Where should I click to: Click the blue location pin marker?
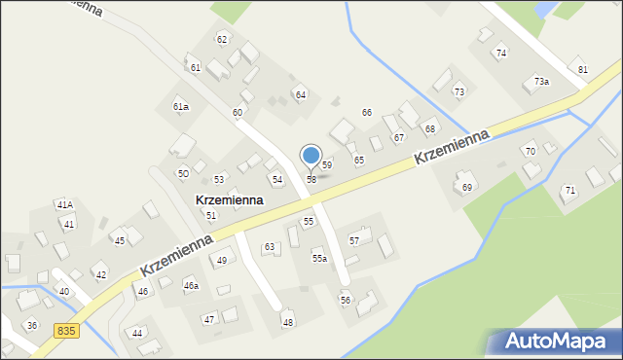click(311, 156)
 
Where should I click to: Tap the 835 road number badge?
click(66, 332)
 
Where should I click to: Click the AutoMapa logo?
click(553, 342)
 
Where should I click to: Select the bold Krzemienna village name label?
click(230, 199)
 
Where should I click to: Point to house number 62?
click(222, 39)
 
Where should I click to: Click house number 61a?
click(181, 106)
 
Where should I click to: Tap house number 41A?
click(64, 205)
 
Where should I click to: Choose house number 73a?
click(541, 82)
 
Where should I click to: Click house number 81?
click(583, 70)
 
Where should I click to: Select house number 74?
click(501, 54)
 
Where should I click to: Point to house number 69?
click(467, 187)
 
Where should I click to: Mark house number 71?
click(569, 190)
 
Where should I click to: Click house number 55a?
click(319, 258)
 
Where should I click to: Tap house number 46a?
click(192, 285)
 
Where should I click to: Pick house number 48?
click(288, 322)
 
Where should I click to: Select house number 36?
click(32, 325)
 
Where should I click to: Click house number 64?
click(301, 94)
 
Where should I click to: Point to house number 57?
click(354, 240)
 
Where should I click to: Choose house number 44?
click(137, 333)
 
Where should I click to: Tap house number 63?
click(270, 247)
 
